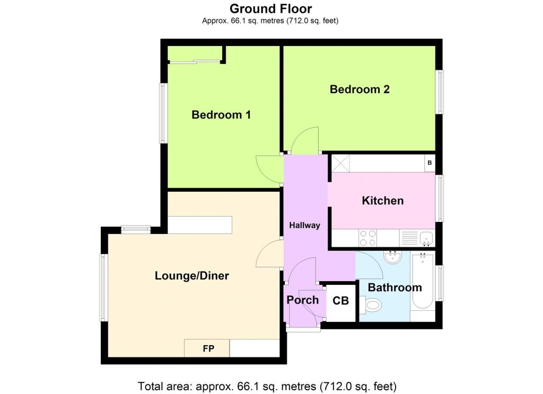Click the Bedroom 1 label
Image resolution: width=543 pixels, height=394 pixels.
(x=221, y=114)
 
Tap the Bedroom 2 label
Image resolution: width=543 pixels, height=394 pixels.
(x=360, y=89)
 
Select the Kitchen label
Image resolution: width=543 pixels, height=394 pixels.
(x=383, y=201)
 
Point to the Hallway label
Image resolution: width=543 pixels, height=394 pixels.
(x=304, y=225)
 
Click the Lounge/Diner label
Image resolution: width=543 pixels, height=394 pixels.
(x=192, y=276)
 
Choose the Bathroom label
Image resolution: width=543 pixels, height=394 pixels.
(x=395, y=288)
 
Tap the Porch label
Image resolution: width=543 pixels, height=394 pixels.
(x=303, y=300)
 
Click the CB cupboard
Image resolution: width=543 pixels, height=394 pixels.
(x=341, y=301)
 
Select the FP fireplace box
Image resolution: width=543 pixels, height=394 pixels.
(x=207, y=348)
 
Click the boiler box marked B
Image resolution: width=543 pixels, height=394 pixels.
(x=430, y=163)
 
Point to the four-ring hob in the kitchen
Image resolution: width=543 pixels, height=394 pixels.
(x=368, y=238)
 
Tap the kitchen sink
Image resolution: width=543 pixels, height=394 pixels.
(x=426, y=238)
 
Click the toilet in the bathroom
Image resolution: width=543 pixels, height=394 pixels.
(x=371, y=305)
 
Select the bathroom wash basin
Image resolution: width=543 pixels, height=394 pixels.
(x=393, y=257)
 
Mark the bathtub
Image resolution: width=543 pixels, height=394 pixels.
(x=423, y=281)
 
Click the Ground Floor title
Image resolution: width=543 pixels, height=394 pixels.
(x=270, y=8)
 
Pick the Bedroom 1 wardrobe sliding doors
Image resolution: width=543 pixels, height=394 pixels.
(x=195, y=62)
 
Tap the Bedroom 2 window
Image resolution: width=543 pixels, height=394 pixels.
(x=439, y=92)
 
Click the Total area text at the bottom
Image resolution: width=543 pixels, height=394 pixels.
(x=267, y=386)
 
